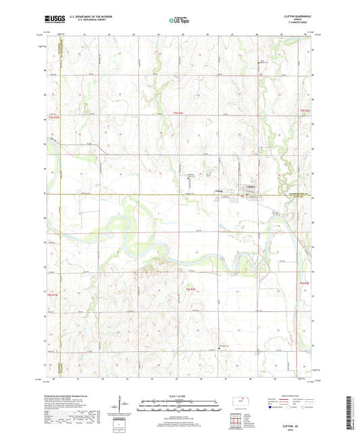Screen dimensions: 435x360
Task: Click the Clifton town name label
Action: click(251, 186)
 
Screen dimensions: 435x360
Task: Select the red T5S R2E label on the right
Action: click(304, 110)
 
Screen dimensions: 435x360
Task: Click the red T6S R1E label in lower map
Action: click(191, 290)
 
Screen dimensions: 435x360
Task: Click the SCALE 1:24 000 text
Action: click(179, 396)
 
